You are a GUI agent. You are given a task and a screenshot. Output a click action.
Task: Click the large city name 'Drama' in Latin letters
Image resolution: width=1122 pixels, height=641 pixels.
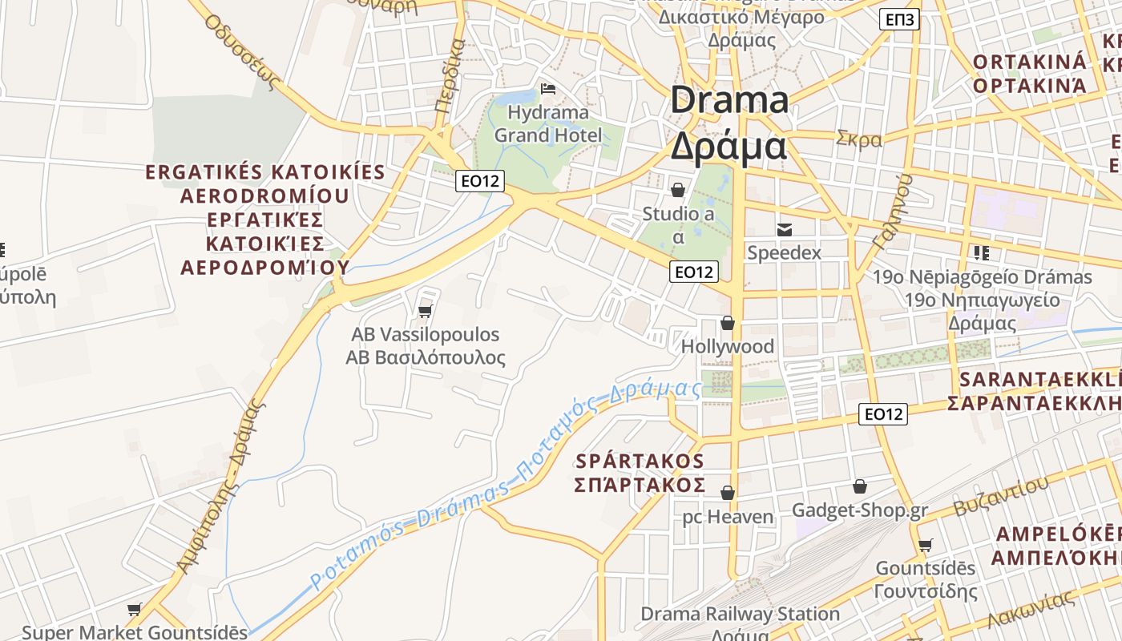(729, 101)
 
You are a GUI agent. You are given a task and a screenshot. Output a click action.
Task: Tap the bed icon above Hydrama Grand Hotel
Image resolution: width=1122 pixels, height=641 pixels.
(548, 88)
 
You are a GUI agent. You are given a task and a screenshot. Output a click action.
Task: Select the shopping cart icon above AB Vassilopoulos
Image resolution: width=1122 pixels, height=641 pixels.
(426, 311)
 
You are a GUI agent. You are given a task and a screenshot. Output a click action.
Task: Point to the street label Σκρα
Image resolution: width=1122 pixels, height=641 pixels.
(858, 139)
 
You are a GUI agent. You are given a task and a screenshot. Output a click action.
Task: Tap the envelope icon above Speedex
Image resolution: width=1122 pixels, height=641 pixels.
(784, 230)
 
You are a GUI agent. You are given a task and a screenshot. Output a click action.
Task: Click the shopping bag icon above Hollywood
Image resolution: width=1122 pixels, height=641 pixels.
(728, 323)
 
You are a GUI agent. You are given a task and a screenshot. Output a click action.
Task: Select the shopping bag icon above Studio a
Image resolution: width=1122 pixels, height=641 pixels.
(678, 190)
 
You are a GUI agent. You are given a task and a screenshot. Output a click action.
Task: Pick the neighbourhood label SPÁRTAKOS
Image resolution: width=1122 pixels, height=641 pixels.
(640, 462)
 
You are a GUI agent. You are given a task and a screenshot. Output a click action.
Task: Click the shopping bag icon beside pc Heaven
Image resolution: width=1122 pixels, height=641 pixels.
(728, 493)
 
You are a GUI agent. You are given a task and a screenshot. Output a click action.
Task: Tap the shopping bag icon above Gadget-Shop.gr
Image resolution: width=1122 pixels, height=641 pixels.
(860, 486)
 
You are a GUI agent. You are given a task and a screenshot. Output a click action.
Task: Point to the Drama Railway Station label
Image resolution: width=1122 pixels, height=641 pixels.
(740, 615)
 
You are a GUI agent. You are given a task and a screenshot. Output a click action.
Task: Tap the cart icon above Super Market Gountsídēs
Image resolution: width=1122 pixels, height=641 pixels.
(135, 610)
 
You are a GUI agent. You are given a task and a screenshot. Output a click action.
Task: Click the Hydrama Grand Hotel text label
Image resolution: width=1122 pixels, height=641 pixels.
(548, 123)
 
